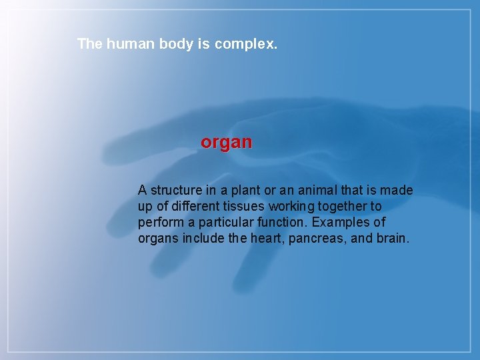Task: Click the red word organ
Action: [227, 143]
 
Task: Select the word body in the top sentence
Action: [177, 45]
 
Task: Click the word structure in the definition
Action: [175, 191]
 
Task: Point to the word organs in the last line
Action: [158, 239]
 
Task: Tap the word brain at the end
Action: [391, 239]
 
